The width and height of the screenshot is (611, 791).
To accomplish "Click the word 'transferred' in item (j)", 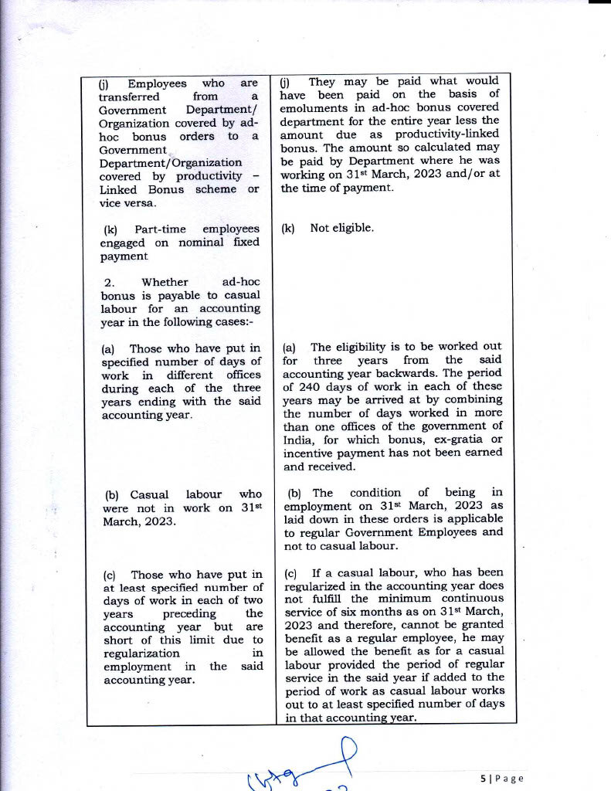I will coord(130,97).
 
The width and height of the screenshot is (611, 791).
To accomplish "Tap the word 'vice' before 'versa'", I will coord(114,202).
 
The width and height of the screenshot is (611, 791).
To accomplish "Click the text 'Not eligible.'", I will coord(341,228).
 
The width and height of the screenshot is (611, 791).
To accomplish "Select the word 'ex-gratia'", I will coord(446,440).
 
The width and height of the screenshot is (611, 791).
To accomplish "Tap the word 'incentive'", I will coord(307,453).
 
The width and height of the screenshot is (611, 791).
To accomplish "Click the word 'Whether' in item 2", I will coord(165,282).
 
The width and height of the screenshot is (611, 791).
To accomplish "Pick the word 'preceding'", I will coord(190,613).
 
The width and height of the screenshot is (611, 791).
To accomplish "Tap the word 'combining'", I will coord(475,400).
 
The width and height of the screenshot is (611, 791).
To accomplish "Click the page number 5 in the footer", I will coord(483,779).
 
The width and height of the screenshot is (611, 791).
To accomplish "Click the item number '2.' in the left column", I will coord(109,282).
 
